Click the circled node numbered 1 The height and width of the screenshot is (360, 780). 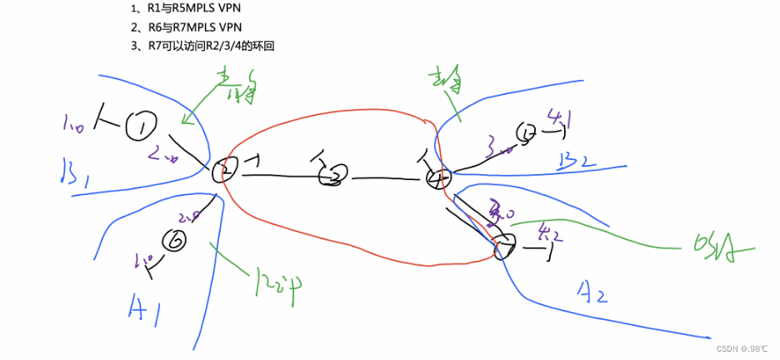pos(142,127)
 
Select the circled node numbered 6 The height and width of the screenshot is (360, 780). pos(177,241)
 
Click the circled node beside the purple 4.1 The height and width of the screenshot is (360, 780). pos(527,132)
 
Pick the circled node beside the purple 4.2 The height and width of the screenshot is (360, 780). pos(503,246)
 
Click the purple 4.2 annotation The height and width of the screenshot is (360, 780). pos(552,234)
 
